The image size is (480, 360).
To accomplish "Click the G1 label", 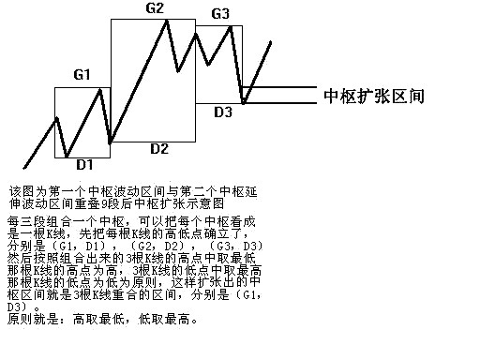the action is click(x=82, y=74).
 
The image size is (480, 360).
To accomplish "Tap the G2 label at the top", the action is click(x=155, y=8).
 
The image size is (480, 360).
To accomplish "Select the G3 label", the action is click(x=220, y=14).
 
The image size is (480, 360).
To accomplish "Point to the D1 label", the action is click(x=84, y=164).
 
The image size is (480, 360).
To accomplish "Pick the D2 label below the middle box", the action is click(x=158, y=148).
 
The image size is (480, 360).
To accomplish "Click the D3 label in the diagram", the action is click(x=223, y=112).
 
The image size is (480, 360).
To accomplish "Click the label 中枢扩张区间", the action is click(x=374, y=96).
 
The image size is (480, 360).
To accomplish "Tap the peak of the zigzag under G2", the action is click(x=168, y=20).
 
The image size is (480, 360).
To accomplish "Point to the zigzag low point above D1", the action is click(x=67, y=156).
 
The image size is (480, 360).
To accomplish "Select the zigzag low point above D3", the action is click(x=244, y=102).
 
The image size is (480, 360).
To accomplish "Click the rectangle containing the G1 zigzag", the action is click(x=82, y=122).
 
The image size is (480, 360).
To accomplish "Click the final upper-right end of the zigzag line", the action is click(x=273, y=42).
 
